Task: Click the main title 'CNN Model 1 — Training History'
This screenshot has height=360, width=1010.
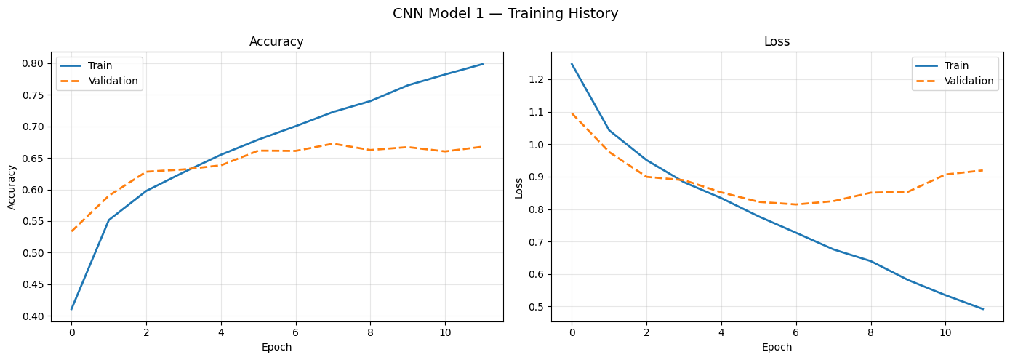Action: point(505,14)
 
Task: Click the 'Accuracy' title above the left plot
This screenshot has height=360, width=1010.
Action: point(276,42)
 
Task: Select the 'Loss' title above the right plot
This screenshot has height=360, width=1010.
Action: point(777,42)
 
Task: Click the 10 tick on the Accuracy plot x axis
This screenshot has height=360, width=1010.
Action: point(445,332)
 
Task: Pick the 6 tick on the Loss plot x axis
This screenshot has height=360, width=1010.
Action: point(795,332)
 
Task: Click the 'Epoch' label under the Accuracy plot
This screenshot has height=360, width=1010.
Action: point(276,348)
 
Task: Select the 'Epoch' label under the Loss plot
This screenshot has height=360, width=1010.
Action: point(777,348)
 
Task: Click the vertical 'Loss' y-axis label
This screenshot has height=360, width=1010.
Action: point(519,187)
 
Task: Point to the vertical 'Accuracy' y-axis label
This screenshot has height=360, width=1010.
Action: point(12,187)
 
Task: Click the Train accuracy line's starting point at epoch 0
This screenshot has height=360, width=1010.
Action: point(71,309)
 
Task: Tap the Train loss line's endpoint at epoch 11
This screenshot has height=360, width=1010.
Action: point(983,309)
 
